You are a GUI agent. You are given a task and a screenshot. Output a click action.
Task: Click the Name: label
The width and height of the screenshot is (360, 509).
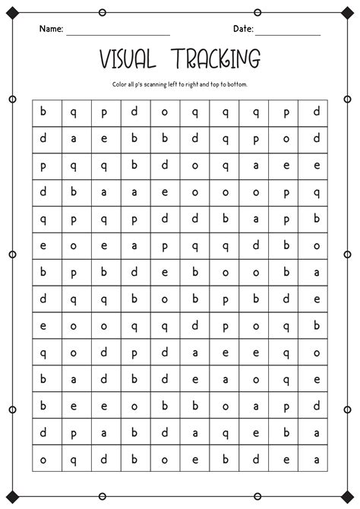click(50, 28)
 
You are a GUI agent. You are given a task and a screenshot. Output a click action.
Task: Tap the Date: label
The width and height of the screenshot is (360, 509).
click(243, 28)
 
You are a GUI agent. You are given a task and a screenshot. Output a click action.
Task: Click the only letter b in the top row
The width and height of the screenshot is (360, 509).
click(43, 112)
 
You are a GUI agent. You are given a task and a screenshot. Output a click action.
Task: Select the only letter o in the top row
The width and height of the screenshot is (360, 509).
click(165, 112)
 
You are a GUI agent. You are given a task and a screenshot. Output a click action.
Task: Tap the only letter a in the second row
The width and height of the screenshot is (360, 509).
click(74, 139)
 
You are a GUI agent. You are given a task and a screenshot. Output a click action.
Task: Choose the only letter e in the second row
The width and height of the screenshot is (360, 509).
click(104, 139)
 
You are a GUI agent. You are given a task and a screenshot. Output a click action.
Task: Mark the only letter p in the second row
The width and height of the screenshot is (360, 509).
click(256, 139)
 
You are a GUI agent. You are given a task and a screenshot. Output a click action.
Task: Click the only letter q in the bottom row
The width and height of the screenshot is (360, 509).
click(74, 459)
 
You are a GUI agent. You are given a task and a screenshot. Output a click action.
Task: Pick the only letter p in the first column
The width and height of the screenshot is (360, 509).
click(43, 166)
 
